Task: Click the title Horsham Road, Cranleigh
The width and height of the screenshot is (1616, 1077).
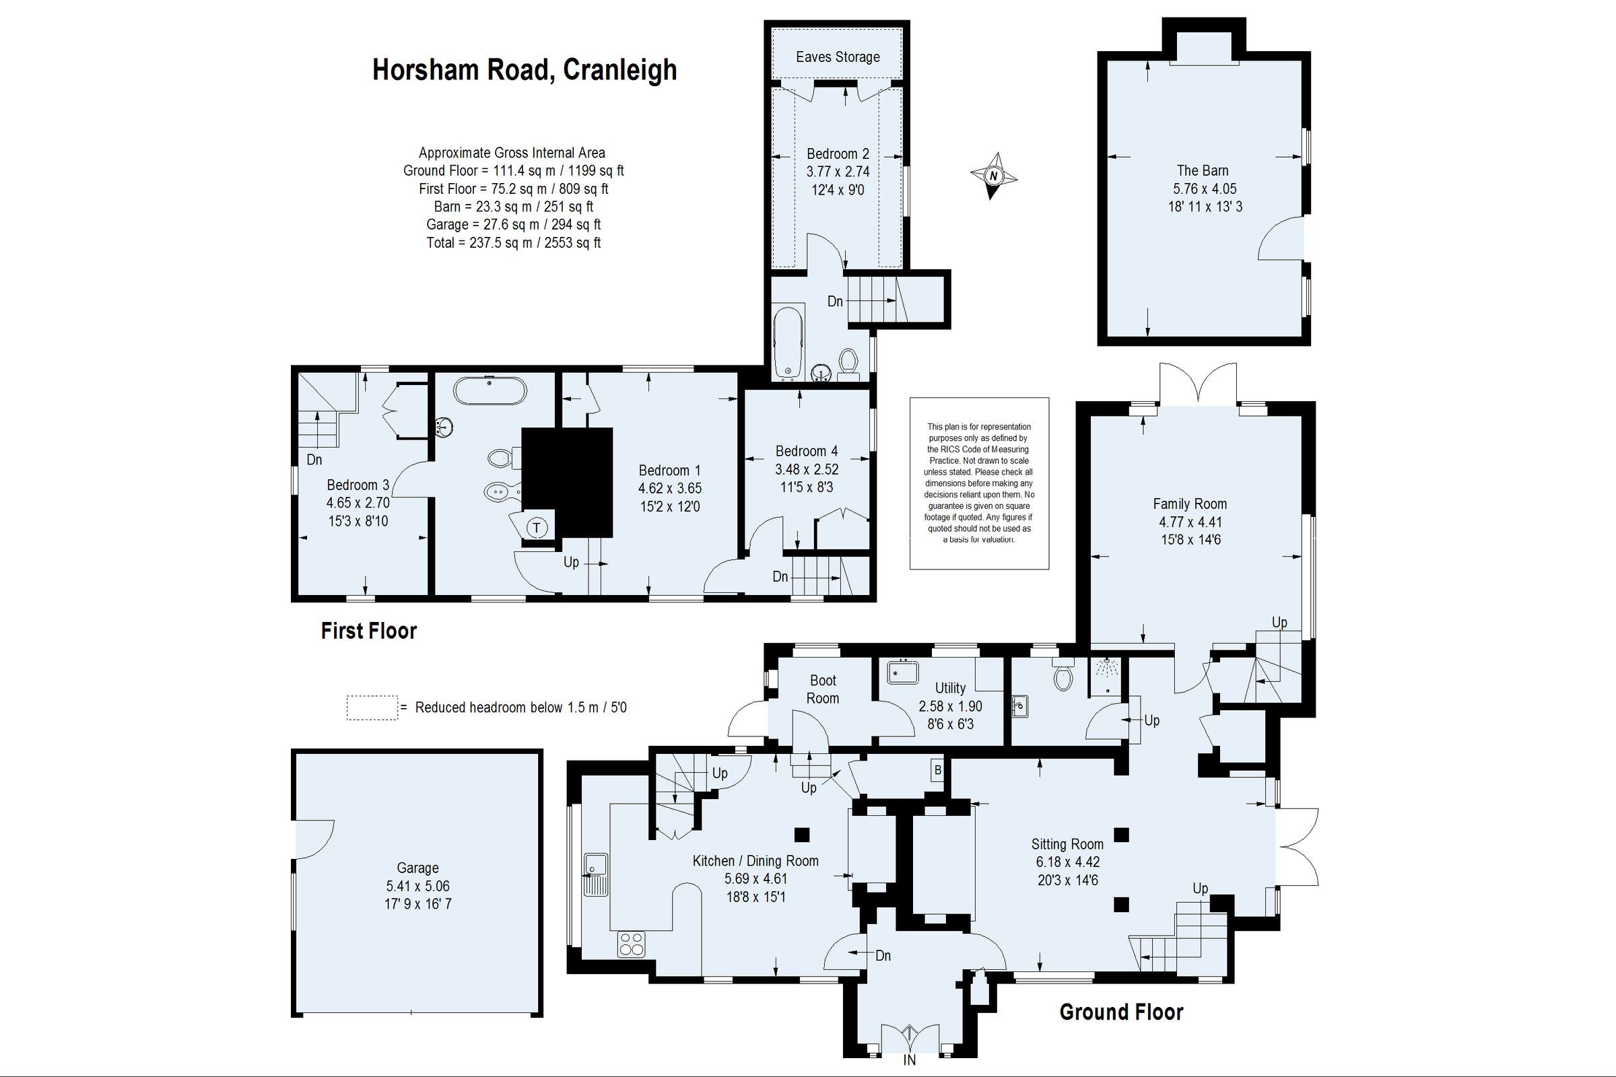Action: pyautogui.click(x=525, y=70)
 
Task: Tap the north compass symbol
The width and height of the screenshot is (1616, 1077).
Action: pyautogui.click(x=992, y=176)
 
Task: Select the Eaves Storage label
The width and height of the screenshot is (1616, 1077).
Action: pyautogui.click(x=838, y=57)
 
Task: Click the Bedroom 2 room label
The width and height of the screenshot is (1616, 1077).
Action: pyautogui.click(x=838, y=154)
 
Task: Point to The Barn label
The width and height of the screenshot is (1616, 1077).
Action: pyautogui.click(x=1203, y=170)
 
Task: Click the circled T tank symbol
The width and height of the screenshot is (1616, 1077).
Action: pyautogui.click(x=537, y=528)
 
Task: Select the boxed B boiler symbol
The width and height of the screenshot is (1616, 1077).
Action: pyautogui.click(x=937, y=771)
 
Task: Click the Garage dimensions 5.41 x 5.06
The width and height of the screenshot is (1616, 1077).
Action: pyautogui.click(x=417, y=886)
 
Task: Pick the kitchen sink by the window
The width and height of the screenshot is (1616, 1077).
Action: pyautogui.click(x=595, y=874)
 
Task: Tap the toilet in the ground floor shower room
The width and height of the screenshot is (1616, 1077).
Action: pyautogui.click(x=1063, y=676)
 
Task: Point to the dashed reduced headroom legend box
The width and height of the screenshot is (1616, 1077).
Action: pyautogui.click(x=372, y=707)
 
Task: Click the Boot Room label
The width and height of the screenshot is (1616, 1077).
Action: pyautogui.click(x=822, y=689)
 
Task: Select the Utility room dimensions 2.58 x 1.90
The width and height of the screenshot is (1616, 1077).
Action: pyautogui.click(x=950, y=706)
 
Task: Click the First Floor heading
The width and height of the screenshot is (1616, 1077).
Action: pyautogui.click(x=369, y=631)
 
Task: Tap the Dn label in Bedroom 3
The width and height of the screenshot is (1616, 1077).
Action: pyautogui.click(x=314, y=460)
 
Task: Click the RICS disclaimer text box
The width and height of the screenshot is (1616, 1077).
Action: pyautogui.click(x=978, y=483)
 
